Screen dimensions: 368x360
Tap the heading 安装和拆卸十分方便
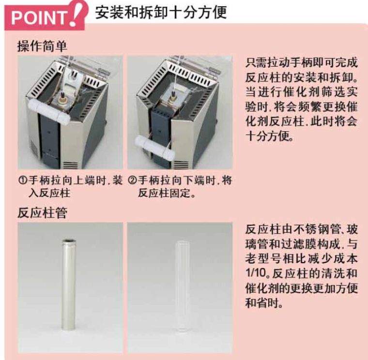[161, 13]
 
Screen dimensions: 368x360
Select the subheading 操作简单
[42, 46]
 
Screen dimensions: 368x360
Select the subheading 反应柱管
[42, 213]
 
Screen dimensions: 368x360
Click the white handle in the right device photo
[155, 148]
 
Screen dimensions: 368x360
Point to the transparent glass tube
[183, 286]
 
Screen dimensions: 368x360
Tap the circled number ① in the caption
[23, 180]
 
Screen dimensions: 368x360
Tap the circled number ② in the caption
[133, 180]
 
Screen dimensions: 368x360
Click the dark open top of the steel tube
[69, 241]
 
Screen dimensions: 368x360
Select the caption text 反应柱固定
[164, 193]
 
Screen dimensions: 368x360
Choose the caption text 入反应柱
[49, 193]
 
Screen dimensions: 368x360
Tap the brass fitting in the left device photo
[63, 100]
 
